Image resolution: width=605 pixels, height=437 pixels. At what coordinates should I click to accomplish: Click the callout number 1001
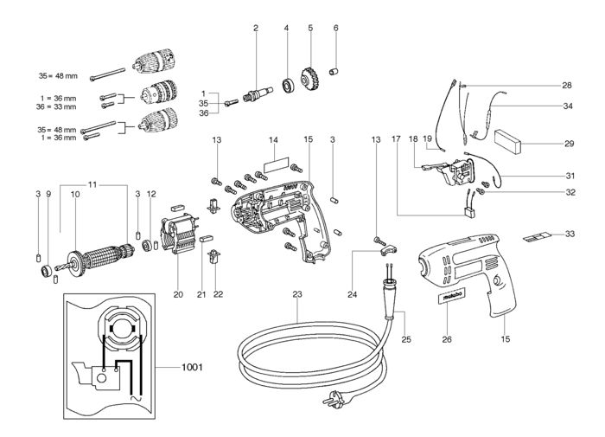pyautogui.click(x=192, y=367)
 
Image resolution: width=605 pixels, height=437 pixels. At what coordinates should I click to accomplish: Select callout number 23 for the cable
pyautogui.click(x=296, y=294)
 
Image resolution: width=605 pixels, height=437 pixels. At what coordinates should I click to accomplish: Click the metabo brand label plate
pyautogui.click(x=451, y=299)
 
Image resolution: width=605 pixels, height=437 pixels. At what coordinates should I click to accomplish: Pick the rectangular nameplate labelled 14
pyautogui.click(x=273, y=162)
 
